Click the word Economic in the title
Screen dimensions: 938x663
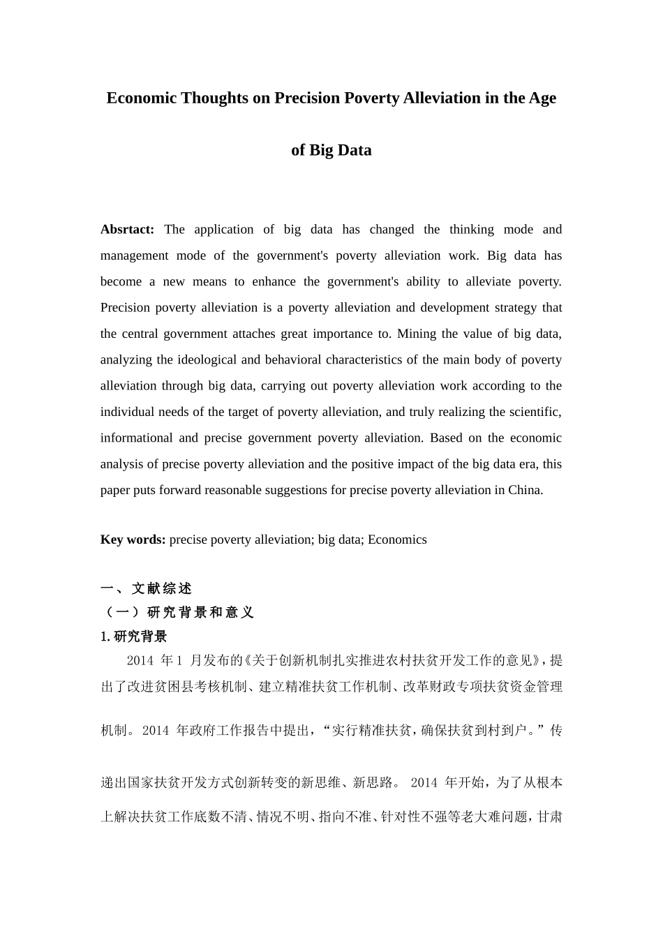[x=141, y=98]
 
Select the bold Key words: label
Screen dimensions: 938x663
[x=133, y=539]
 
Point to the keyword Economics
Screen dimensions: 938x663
[x=397, y=539]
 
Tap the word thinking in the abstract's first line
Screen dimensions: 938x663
[x=472, y=230]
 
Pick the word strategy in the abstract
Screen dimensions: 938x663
[x=512, y=308]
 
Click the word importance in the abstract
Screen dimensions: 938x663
[x=342, y=334]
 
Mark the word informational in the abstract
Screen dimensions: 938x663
[x=135, y=438]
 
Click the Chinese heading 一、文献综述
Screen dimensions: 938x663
[x=146, y=588]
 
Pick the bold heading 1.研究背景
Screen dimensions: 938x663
[x=134, y=636]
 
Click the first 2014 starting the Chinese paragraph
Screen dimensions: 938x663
[x=140, y=660]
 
